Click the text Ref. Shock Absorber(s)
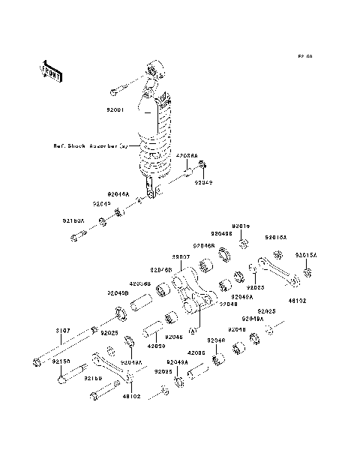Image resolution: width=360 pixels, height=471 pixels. tap(91, 146)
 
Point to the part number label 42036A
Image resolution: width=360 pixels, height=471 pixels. tap(187, 156)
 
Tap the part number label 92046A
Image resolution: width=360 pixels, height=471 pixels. tap(118, 193)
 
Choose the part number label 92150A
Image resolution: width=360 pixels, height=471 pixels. tap(73, 221)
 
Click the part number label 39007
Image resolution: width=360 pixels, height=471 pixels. tap(181, 256)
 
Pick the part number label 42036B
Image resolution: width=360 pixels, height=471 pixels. tap(140, 283)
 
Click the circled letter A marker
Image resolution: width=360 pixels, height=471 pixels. tap(192, 330)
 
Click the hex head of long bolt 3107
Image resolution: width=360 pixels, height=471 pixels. tap(36, 364)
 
